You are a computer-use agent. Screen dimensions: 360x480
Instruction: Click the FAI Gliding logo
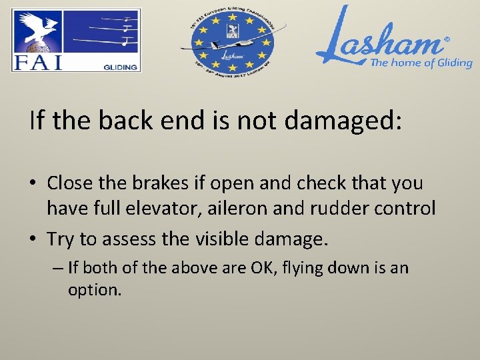click(x=75, y=40)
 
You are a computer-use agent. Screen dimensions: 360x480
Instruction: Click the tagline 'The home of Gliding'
click(x=421, y=63)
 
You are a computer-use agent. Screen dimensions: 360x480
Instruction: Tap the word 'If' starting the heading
click(x=36, y=121)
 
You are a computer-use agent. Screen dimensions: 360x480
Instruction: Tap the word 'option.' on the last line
click(x=95, y=291)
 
